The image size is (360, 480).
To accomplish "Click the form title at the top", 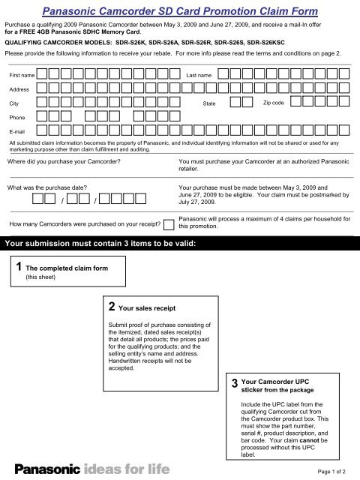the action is click(x=180, y=11).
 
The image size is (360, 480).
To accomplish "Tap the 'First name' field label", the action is click(x=20, y=76).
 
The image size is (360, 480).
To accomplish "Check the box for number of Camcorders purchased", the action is click(x=168, y=223).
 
